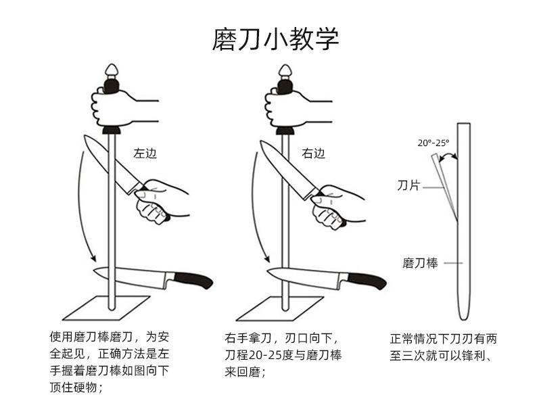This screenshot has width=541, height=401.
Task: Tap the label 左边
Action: click(145, 153)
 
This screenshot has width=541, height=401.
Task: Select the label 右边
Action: click(313, 153)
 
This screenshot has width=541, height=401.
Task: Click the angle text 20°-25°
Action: click(433, 143)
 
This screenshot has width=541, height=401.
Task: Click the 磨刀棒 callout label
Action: click(420, 263)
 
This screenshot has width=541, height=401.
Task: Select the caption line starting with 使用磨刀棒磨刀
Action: click(107, 336)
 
